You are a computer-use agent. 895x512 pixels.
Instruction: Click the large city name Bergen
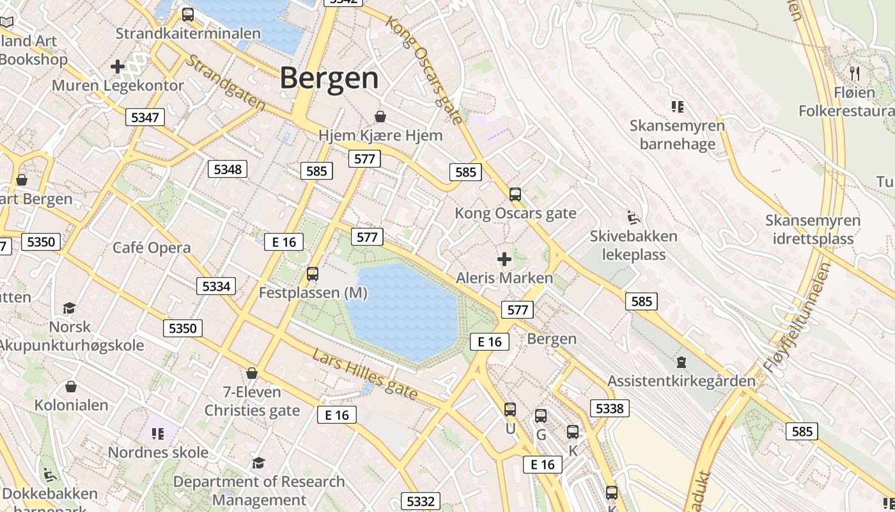tap(329, 78)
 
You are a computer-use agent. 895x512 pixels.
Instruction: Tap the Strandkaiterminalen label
tap(188, 33)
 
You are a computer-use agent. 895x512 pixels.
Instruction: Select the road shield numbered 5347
tap(145, 117)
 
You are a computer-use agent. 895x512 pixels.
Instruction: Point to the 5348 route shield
tap(228, 169)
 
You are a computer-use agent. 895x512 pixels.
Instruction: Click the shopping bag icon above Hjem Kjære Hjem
tap(380, 116)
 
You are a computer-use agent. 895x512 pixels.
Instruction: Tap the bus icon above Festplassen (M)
tap(313, 274)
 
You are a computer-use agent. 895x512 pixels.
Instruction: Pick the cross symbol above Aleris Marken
tap(504, 259)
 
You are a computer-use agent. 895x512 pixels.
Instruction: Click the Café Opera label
tap(152, 248)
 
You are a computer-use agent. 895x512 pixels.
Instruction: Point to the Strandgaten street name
tap(225, 82)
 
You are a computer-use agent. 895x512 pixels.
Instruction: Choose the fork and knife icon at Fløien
tap(855, 73)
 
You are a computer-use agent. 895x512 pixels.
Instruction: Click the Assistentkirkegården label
tap(681, 381)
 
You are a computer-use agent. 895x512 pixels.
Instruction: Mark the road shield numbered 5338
tap(609, 408)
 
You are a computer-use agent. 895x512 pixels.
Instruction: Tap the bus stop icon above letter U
tap(510, 409)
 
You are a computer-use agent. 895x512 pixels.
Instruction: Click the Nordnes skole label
tap(158, 452)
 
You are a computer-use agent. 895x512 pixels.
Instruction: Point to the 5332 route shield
tap(421, 501)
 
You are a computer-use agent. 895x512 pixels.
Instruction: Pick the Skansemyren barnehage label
tap(677, 134)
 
